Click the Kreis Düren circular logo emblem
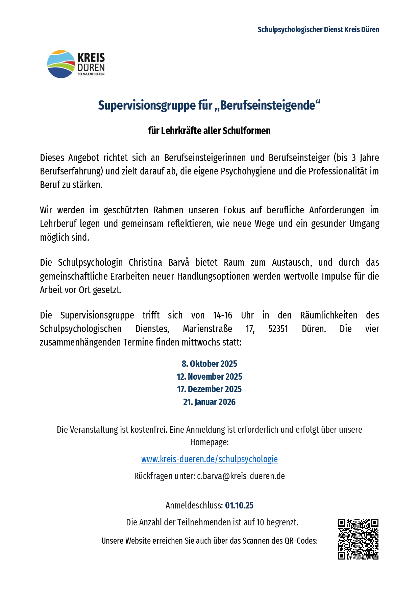coord(61,64)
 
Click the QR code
coord(358,539)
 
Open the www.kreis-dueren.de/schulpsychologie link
coord(209,459)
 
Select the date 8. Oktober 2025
coord(209,364)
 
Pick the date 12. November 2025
coord(209,377)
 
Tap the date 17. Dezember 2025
coord(209,389)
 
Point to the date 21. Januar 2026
coord(209,402)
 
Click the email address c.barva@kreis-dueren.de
coord(241,476)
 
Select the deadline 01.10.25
coord(239,505)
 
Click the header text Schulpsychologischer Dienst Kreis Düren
coord(318,29)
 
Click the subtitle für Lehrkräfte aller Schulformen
coord(209,131)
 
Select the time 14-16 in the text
coord(222,315)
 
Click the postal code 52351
coord(278,329)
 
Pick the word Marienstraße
coord(207,329)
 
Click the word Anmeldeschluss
coord(194,505)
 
